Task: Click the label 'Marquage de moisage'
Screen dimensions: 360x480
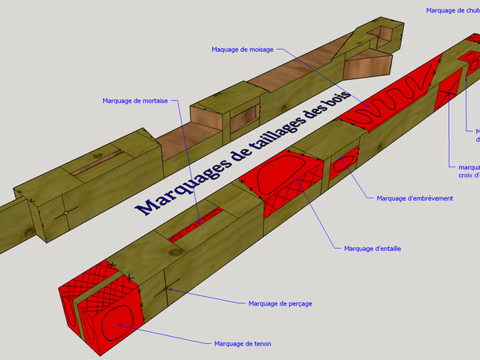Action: [x=242, y=50]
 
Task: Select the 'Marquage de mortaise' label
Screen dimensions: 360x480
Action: [x=134, y=101]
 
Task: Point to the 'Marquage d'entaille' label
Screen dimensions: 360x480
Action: [x=372, y=249]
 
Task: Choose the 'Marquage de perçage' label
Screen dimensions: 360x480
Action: [x=279, y=303]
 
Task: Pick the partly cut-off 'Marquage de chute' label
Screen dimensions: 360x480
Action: [x=453, y=10]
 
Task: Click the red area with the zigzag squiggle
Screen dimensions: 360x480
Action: [x=390, y=101]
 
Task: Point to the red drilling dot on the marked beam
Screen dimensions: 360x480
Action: [x=166, y=286]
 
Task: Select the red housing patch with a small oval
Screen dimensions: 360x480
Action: [x=345, y=163]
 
